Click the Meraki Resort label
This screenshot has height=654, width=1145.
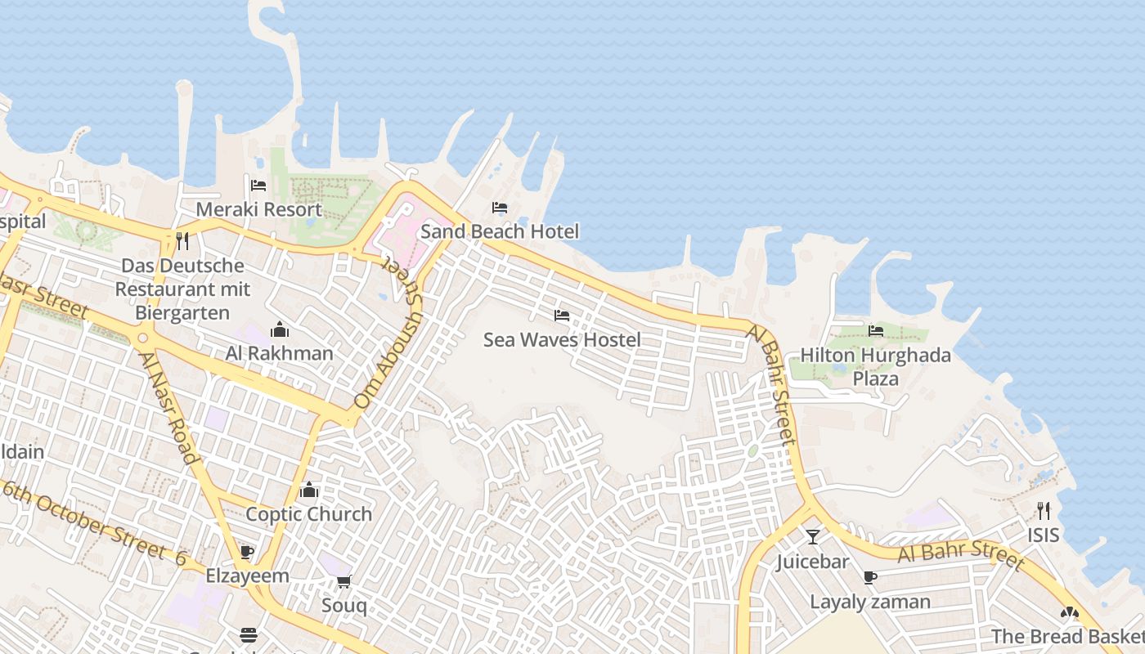pos(258,210)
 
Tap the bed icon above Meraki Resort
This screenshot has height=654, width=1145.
pos(258,186)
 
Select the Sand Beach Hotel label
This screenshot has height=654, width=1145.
pos(499,231)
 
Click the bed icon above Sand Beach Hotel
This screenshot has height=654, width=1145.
pos(500,208)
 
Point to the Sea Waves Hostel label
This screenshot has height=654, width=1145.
pos(561,339)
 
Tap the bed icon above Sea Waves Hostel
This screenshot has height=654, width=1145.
pos(561,316)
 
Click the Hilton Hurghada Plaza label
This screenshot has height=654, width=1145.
pos(875,366)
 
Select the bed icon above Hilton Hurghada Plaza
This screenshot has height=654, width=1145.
pos(876,331)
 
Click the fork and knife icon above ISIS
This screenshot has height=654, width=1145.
pos(1044,511)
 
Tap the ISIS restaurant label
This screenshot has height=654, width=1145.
pos(1044,535)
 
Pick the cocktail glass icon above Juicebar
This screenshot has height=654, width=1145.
pos(812,537)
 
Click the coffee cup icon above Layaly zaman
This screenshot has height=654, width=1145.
pos(870,578)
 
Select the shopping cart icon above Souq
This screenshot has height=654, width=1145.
pos(344,582)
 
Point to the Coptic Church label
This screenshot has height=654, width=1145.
pos(309,514)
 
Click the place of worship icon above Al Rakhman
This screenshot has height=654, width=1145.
pos(280,329)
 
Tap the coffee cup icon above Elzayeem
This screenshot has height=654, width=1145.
pos(247,552)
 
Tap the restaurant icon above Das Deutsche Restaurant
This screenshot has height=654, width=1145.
pos(182,241)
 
